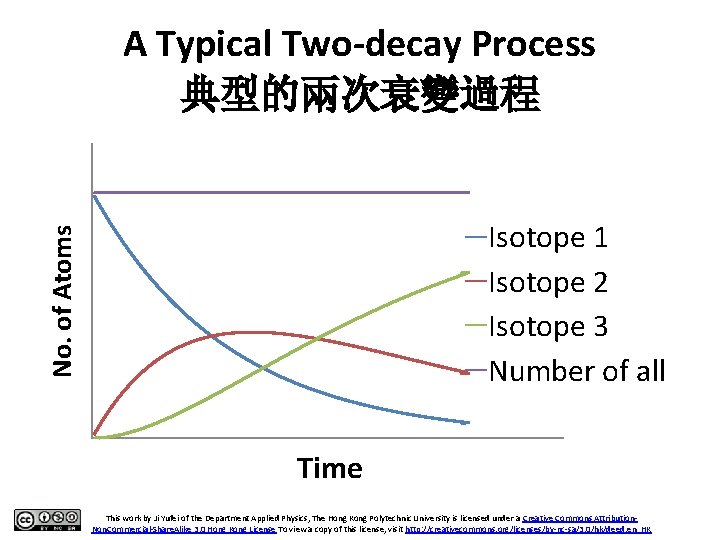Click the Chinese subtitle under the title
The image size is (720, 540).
[x=360, y=97]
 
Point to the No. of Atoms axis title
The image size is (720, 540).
[x=63, y=300]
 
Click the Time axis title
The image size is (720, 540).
[x=329, y=468]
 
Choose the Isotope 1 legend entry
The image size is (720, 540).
[x=548, y=238]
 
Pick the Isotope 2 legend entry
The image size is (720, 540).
[x=548, y=282]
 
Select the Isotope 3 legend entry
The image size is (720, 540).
[x=548, y=326]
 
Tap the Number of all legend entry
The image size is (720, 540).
[x=576, y=371]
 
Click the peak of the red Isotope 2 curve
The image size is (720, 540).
[x=255, y=331]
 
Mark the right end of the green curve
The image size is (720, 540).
[x=467, y=272]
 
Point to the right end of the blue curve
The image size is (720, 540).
[x=467, y=423]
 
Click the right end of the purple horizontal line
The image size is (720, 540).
[x=467, y=191]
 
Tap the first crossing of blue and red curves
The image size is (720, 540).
[x=216, y=336]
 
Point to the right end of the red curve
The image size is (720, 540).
[x=467, y=372]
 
